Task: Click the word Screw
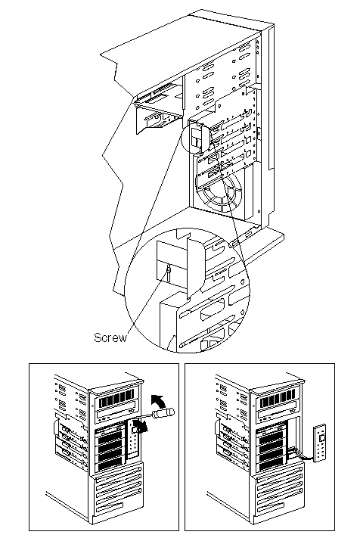(110, 337)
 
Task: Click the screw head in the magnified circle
(168, 269)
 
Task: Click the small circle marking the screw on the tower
(195, 137)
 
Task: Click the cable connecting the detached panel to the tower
(303, 455)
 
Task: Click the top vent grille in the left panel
(116, 400)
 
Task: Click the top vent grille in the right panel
(278, 400)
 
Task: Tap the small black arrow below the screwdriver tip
(141, 428)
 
